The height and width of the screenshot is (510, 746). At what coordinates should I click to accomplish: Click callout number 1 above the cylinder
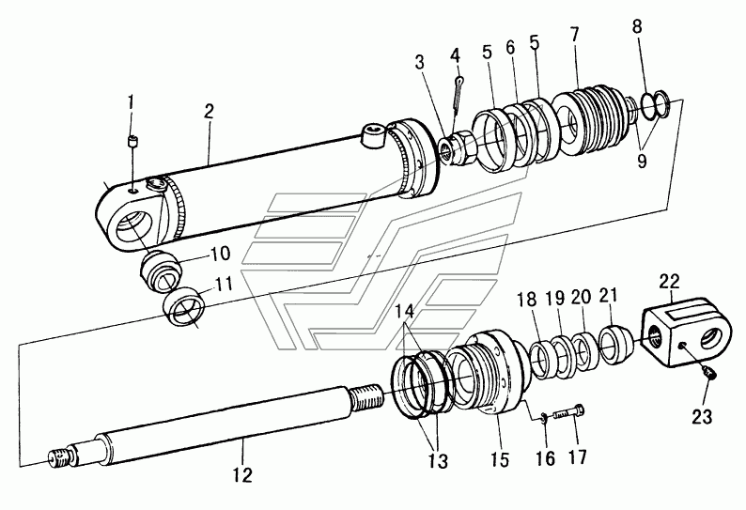click(131, 103)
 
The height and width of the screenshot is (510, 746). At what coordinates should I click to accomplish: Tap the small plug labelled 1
click(132, 141)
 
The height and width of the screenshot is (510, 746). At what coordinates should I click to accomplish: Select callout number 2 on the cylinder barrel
click(209, 112)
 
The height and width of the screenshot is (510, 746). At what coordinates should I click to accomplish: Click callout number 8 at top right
click(637, 26)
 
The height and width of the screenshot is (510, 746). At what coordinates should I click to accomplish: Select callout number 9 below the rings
click(642, 161)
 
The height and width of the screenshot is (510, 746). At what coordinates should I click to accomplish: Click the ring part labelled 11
click(183, 307)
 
